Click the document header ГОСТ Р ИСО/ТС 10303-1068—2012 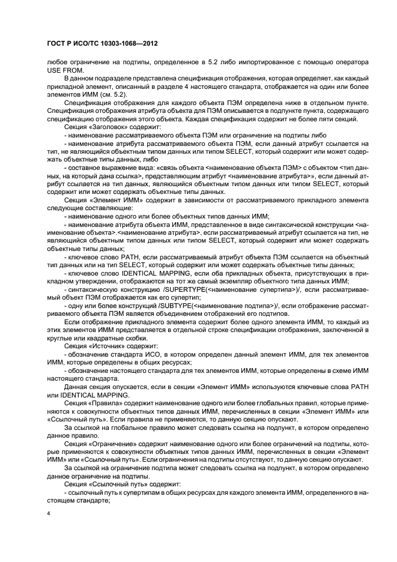102,44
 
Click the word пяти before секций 315,119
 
